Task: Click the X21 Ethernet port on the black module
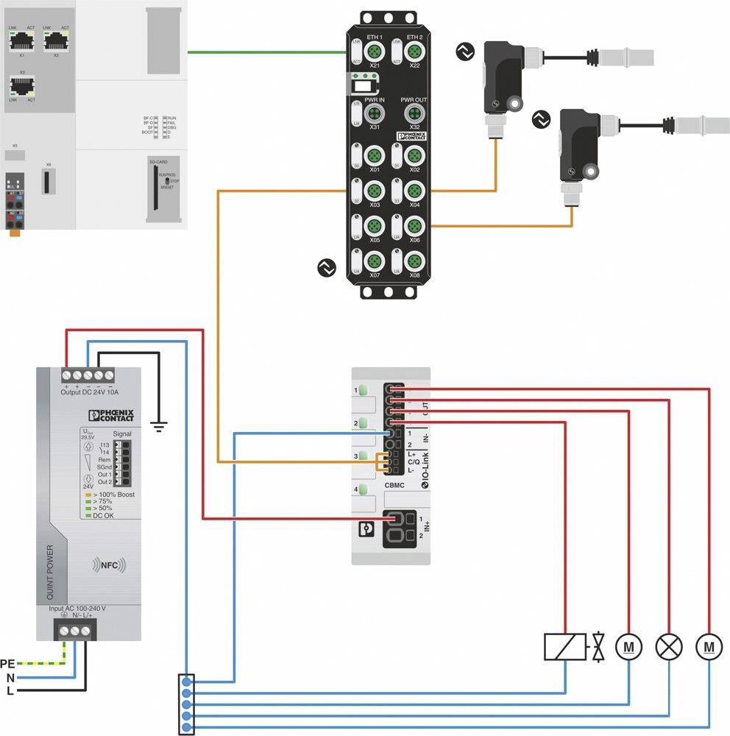(x=374, y=51)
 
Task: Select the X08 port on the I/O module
(x=414, y=261)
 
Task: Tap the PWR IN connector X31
(x=374, y=113)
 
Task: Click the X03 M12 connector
(x=374, y=191)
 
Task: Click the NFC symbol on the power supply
(x=109, y=565)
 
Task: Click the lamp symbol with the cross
(x=669, y=646)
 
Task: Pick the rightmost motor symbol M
(x=709, y=646)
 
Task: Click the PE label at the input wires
(x=9, y=663)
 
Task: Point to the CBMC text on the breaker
(x=395, y=485)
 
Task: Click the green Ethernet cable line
(x=265, y=52)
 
